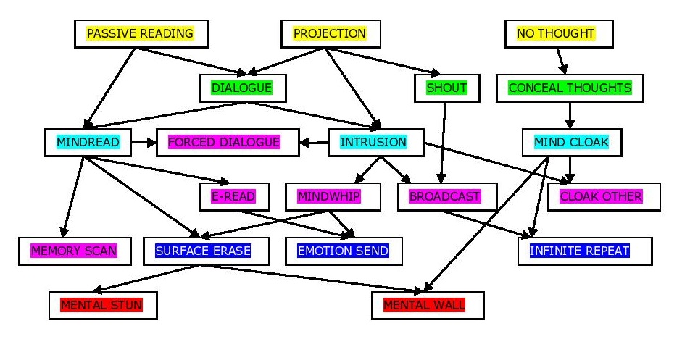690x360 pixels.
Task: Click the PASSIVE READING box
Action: pyautogui.click(x=141, y=33)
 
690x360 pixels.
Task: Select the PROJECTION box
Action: pyautogui.click(x=330, y=33)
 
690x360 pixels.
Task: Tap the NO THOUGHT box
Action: pyautogui.click(x=557, y=33)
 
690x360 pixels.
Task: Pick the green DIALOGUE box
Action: pyautogui.click(x=242, y=88)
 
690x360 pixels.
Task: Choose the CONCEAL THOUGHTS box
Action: pyautogui.click(x=570, y=88)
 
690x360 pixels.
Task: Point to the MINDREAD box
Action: pyautogui.click(x=88, y=142)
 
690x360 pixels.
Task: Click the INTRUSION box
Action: pyautogui.click(x=373, y=142)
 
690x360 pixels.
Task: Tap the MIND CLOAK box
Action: pyautogui.click(x=571, y=142)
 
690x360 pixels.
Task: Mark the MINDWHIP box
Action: pyautogui.click(x=329, y=196)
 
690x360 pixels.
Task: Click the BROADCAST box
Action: pyautogui.click(x=445, y=196)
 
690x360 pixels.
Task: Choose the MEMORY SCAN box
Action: pyautogui.click(x=74, y=251)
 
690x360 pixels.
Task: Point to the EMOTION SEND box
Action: pyautogui.click(x=344, y=251)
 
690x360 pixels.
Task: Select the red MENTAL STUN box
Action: pyautogui.click(x=102, y=305)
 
